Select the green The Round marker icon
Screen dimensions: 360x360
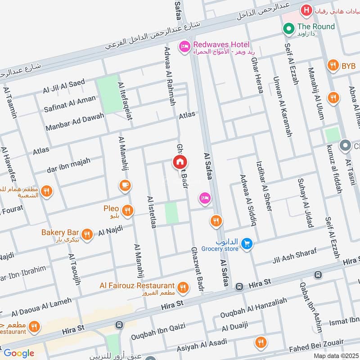(288, 28)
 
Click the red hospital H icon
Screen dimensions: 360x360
(307, 9)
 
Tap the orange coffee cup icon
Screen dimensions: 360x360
(125, 185)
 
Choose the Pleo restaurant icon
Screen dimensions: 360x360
(128, 210)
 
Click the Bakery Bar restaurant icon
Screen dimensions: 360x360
(87, 234)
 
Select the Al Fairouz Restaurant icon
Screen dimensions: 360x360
(183, 287)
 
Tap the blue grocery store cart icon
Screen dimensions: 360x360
(246, 244)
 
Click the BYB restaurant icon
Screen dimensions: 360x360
(333, 66)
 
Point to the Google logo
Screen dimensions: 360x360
(19, 353)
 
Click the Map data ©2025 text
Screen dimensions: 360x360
(335, 356)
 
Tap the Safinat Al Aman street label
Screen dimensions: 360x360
(70, 103)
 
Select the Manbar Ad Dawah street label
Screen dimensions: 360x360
(75, 121)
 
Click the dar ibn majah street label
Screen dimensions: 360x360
(68, 166)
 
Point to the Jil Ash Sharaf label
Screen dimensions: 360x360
(295, 256)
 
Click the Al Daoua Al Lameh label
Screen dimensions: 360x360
(42, 306)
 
